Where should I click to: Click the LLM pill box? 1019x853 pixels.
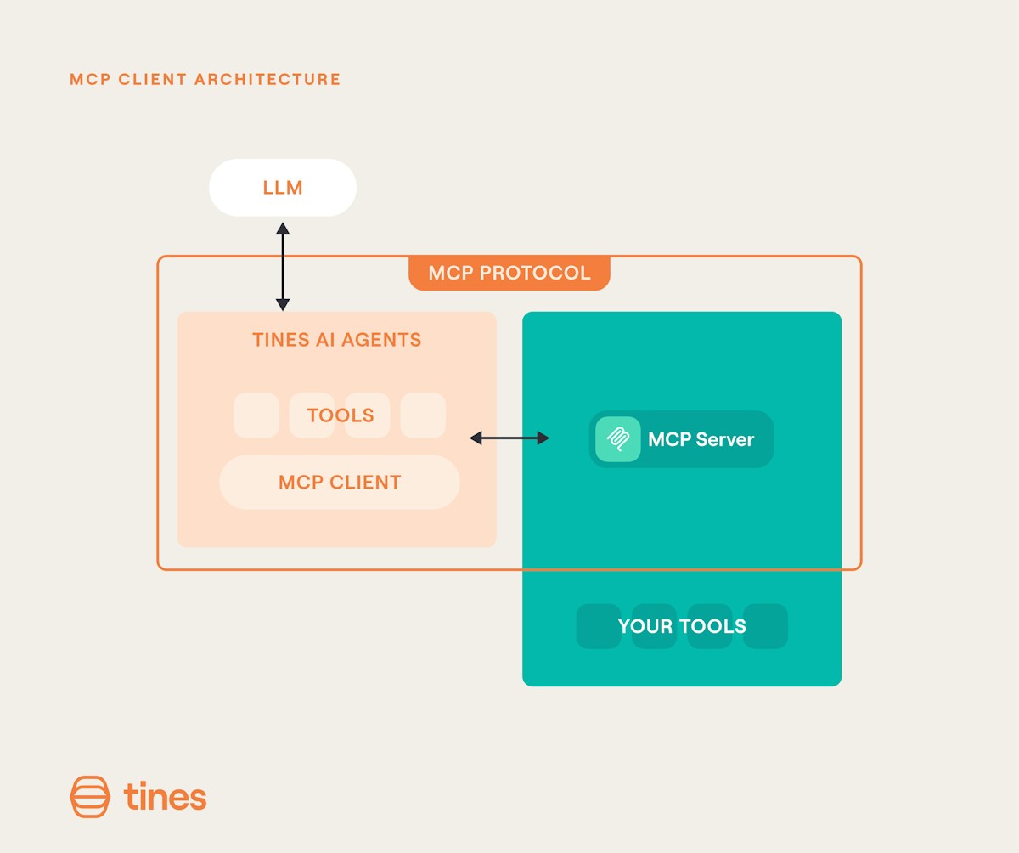pyautogui.click(x=283, y=187)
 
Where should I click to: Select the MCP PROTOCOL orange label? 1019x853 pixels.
pyautogui.click(x=509, y=274)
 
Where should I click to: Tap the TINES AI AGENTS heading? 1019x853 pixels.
pyautogui.click(x=336, y=340)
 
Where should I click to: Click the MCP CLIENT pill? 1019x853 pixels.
pyautogui.click(x=340, y=483)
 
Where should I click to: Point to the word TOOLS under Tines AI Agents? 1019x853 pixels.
pyautogui.click(x=341, y=415)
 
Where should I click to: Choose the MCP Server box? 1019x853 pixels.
pyautogui.click(x=681, y=439)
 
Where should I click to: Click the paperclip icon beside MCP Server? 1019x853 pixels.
pyautogui.click(x=618, y=439)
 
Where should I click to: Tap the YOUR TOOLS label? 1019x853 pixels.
pyautogui.click(x=682, y=627)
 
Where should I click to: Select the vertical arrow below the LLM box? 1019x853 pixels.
pyautogui.click(x=283, y=266)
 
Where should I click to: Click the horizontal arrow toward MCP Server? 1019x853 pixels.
pyautogui.click(x=509, y=438)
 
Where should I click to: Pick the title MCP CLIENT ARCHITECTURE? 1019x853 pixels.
pyautogui.click(x=205, y=80)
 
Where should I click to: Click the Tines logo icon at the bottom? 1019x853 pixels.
pyautogui.click(x=90, y=797)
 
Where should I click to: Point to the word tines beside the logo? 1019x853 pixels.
pyautogui.click(x=165, y=797)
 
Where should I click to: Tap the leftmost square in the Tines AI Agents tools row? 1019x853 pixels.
pyautogui.click(x=256, y=415)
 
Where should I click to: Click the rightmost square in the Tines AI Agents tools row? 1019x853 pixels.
pyautogui.click(x=423, y=415)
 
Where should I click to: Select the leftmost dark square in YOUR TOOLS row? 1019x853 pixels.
pyautogui.click(x=599, y=626)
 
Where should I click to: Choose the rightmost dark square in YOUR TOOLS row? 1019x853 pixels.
pyautogui.click(x=765, y=626)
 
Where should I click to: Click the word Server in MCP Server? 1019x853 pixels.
pyautogui.click(x=724, y=439)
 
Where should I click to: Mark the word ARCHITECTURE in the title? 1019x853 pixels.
pyautogui.click(x=267, y=80)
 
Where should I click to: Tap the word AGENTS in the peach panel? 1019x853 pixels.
pyautogui.click(x=389, y=340)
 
